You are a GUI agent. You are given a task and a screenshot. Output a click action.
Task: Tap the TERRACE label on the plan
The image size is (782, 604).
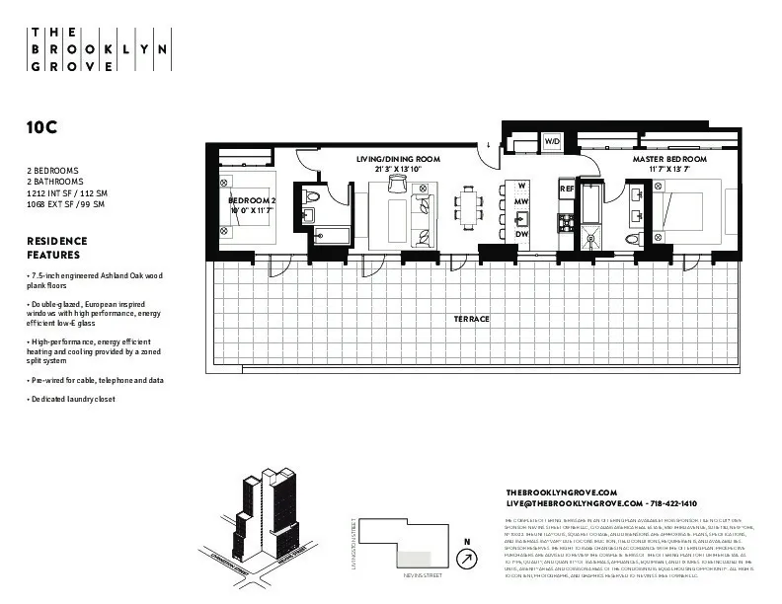click(472, 319)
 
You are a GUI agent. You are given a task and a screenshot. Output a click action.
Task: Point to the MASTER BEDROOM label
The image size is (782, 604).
click(670, 159)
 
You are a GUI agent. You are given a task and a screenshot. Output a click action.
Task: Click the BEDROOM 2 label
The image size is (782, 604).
click(252, 200)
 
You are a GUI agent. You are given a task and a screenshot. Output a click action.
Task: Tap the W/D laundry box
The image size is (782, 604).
click(551, 142)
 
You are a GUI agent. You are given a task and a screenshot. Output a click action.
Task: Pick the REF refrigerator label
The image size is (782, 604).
click(567, 188)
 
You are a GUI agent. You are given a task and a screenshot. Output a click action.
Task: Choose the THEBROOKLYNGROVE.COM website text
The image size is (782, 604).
click(561, 492)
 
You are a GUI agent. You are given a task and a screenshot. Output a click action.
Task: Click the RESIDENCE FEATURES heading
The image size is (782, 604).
click(57, 248)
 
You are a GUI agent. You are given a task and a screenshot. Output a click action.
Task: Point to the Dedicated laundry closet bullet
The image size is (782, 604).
click(72, 400)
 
